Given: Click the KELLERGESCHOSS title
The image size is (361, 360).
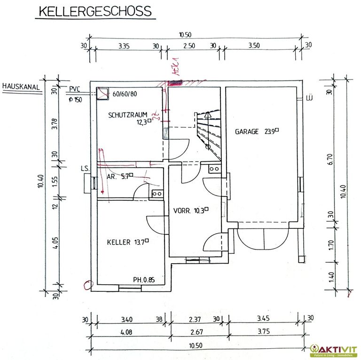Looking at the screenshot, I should (94, 11).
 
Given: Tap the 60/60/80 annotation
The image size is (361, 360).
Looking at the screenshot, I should (125, 94).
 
